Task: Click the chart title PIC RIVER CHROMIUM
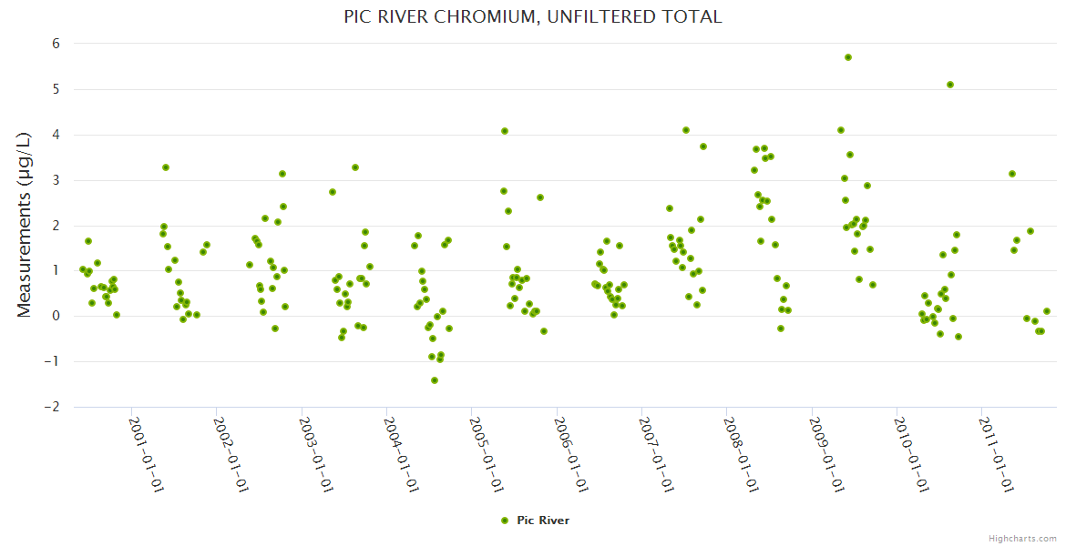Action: [532, 16]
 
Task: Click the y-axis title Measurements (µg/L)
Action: [25, 224]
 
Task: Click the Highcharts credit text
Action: [1022, 538]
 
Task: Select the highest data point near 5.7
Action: [848, 57]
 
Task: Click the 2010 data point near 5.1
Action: [950, 85]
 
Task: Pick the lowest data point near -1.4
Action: [435, 380]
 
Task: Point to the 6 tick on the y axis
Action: [56, 44]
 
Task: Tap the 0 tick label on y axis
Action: [56, 316]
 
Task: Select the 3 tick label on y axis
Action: [56, 179]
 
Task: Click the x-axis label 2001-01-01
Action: [145, 454]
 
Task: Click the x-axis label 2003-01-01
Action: [315, 454]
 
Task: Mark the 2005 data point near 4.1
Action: [505, 131]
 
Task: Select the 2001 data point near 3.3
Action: [166, 167]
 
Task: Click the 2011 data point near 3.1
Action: [1012, 174]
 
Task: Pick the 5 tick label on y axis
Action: [56, 89]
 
